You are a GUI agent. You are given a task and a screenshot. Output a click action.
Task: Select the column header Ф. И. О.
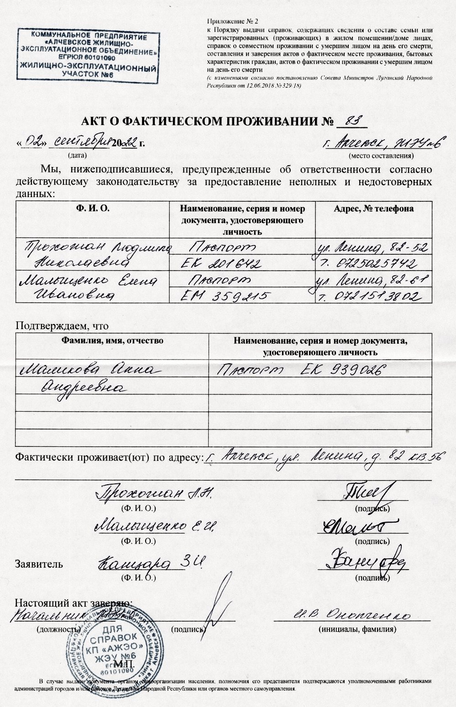tap(93, 209)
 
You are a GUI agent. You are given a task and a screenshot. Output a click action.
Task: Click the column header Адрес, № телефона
tap(374, 209)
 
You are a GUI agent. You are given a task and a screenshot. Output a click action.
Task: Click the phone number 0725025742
tap(377, 264)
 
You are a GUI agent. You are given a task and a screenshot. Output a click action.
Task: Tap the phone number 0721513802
tap(377, 297)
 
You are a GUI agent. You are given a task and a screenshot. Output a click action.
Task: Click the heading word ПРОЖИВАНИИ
tap(269, 121)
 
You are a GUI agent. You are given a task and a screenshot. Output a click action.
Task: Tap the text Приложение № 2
tap(233, 21)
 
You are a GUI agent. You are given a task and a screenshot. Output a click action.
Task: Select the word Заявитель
tap(39, 564)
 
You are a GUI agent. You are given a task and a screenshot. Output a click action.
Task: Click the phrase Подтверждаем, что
tap(63, 326)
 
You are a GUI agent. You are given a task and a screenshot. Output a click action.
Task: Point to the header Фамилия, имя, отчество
tap(112, 340)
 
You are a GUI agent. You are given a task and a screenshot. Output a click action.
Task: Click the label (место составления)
tap(381, 156)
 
